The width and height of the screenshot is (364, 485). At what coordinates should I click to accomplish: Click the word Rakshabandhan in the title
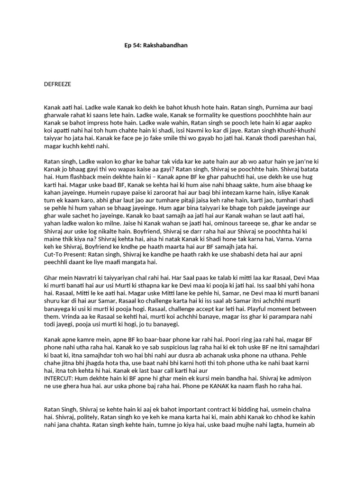coord(170,45)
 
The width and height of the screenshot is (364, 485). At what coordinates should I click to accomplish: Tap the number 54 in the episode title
coord(137,45)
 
